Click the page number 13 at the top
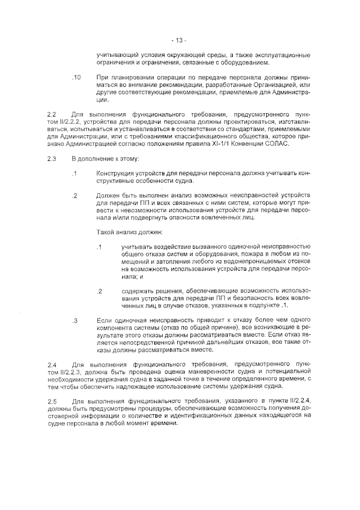tap(179, 40)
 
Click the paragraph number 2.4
tap(52, 365)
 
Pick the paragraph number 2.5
tap(52, 401)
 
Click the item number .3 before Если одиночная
tap(75, 320)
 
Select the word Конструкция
tap(116, 173)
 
